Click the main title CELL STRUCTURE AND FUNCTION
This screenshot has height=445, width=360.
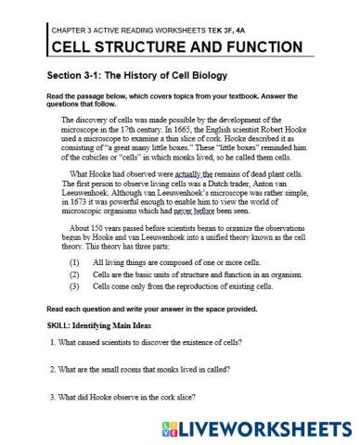coord(174,47)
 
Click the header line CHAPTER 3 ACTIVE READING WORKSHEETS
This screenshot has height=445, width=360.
coord(148,31)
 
